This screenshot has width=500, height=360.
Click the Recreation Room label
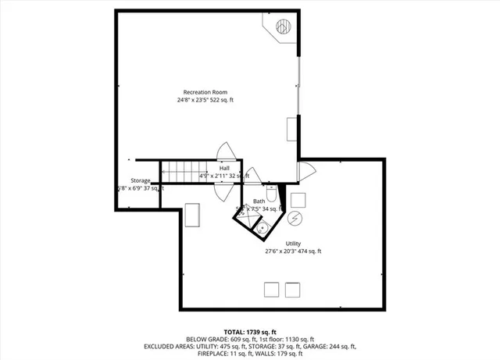click(205, 91)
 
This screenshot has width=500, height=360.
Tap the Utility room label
click(293, 243)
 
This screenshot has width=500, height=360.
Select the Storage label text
click(141, 180)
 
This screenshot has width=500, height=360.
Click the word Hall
click(224, 168)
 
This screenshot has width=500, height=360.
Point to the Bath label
click(259, 201)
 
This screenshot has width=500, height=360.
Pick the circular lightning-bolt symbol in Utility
click(295, 217)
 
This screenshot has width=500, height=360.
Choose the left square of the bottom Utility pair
click(271, 289)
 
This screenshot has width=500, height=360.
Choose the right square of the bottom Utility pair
click(293, 289)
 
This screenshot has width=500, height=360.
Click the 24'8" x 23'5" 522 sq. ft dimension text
click(205, 100)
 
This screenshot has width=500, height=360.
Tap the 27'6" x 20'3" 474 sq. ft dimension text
click(293, 251)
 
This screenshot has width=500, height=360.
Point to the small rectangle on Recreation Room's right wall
click(292, 128)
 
